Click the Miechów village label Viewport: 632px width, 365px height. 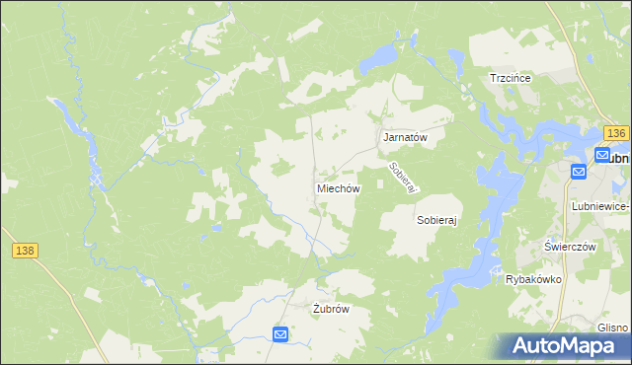[338, 187]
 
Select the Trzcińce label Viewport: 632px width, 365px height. [512, 78]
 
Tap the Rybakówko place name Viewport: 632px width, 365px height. [533, 279]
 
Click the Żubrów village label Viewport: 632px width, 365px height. [331, 308]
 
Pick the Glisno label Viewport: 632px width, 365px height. [612, 328]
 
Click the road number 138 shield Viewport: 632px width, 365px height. [26, 252]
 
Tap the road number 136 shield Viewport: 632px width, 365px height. [617, 133]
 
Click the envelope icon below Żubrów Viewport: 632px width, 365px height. [280, 335]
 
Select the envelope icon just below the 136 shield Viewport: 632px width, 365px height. [601, 155]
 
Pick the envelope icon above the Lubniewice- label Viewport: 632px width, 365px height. [579, 172]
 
